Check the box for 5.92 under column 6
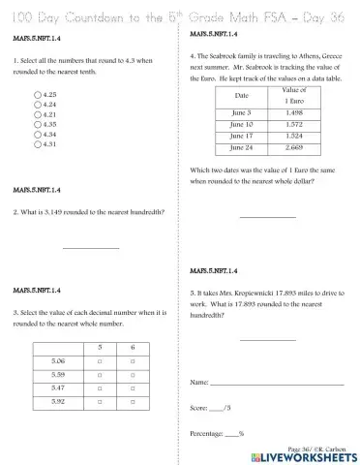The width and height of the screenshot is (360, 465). [133, 400]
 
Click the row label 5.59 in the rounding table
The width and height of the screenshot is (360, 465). [58, 373]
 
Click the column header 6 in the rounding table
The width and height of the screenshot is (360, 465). [133, 345]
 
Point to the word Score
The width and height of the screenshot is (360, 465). [200, 408]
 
